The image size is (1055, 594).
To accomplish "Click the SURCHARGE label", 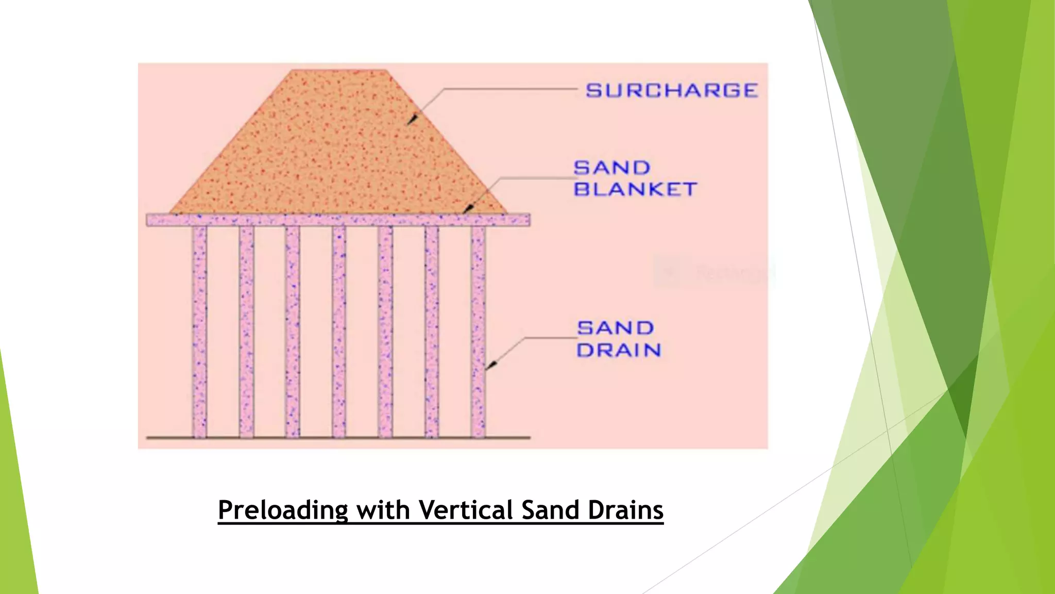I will click(672, 91).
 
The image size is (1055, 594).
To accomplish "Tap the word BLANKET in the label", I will click(635, 189).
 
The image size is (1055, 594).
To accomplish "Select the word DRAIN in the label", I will click(619, 350).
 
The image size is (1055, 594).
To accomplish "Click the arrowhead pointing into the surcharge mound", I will click(412, 120).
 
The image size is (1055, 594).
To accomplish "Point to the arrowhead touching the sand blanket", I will click(468, 209).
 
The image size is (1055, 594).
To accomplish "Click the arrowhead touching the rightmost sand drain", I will click(491, 365).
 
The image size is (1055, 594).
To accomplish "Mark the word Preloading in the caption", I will click(283, 510).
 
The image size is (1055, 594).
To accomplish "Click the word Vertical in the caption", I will click(465, 510).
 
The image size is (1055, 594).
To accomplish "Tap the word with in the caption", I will click(383, 510).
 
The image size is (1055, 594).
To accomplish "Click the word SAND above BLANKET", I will click(612, 168).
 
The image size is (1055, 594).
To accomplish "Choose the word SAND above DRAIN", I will click(615, 328).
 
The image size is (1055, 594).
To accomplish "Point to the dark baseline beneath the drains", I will click(338, 438).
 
